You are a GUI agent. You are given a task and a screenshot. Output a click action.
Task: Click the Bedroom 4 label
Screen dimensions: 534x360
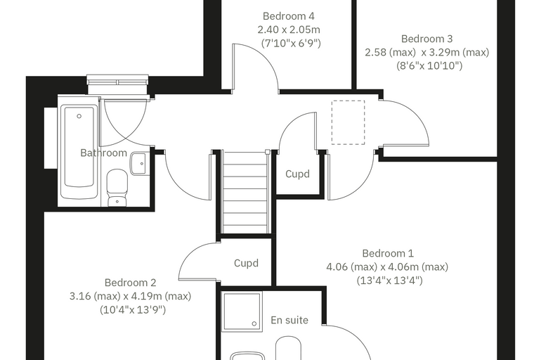[289, 16]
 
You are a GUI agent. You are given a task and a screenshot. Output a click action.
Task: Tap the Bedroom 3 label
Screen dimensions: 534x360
[426, 39]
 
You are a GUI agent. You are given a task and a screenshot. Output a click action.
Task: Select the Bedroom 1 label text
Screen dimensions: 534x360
[388, 253]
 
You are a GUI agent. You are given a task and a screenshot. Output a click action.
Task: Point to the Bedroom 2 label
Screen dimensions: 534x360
[130, 283]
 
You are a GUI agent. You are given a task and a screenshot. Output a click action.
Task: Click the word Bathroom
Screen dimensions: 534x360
[103, 153]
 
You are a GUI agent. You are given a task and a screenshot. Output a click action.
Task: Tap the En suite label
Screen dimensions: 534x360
[289, 320]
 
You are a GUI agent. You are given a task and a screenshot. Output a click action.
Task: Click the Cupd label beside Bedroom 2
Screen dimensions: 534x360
[246, 263]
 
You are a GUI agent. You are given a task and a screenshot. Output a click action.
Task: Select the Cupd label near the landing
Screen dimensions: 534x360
[297, 174]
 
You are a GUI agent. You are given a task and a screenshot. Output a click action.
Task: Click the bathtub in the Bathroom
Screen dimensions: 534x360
[79, 151]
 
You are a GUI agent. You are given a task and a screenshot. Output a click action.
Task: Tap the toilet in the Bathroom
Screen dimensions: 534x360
[117, 188]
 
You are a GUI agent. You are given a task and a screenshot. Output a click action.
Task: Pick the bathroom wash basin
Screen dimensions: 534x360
[139, 164]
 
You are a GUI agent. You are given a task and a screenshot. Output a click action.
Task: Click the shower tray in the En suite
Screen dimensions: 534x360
[242, 311]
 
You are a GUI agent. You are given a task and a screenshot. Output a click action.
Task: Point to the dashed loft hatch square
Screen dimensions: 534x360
[348, 122]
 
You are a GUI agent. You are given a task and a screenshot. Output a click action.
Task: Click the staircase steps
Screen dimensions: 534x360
[245, 192]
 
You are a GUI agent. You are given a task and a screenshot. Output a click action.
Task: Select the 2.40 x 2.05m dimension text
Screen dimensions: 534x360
[289, 30]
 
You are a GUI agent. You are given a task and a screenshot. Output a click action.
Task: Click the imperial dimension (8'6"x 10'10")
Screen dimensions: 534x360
[429, 65]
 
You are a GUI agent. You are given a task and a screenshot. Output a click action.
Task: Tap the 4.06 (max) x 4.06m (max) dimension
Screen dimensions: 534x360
[387, 266]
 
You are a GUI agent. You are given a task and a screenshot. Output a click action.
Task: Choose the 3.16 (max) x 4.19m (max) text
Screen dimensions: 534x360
[130, 296]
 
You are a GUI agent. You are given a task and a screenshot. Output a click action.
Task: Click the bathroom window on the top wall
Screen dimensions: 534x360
[118, 80]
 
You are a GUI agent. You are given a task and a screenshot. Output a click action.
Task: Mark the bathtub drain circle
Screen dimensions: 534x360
[79, 116]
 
